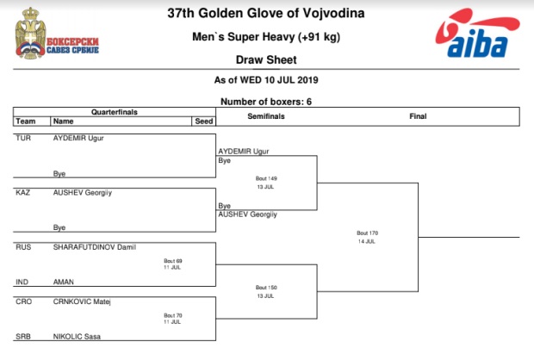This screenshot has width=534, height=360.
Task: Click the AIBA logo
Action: pos(477,34)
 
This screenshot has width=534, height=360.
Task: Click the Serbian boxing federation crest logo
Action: pos(57,34)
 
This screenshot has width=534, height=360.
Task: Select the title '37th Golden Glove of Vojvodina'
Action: pos(266,13)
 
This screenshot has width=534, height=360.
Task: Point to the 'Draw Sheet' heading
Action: pos(266,60)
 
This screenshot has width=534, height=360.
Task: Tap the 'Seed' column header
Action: pos(203,121)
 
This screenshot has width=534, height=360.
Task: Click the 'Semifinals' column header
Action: pos(266,116)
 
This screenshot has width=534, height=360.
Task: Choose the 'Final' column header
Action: pos(418,116)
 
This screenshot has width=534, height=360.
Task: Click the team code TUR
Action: pos(23,138)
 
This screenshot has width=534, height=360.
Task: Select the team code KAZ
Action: pos(22,192)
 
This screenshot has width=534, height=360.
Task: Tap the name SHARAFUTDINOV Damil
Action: pos(95,247)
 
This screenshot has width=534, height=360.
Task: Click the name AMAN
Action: pos(64,282)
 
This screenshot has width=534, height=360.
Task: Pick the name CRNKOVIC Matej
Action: pos(82,301)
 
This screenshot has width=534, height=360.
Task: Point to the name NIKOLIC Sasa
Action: pos(77,337)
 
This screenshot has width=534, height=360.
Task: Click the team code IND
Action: pos(22,282)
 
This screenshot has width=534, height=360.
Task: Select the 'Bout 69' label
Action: pos(173,261)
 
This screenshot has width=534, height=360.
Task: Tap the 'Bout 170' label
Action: pos(368,233)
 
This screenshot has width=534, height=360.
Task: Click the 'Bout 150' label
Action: pos(266,288)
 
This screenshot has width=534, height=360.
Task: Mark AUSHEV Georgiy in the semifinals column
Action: pos(247,214)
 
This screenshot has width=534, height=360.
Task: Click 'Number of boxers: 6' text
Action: pos(266,102)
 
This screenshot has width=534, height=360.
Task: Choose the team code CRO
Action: pos(23,301)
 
